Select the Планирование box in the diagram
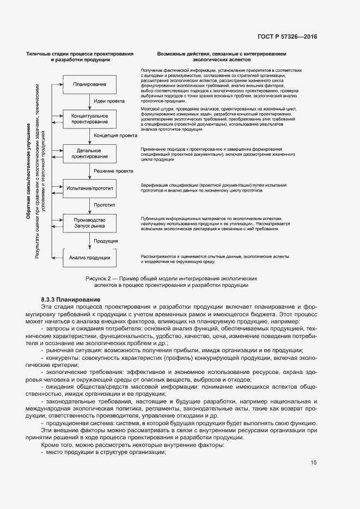point(90,84)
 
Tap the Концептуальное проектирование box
point(90,119)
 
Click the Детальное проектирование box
point(90,153)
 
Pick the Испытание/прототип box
point(90,188)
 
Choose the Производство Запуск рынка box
point(90,223)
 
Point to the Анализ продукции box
point(90,257)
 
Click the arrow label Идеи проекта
point(109,101)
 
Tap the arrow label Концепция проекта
point(115,136)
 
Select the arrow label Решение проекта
point(113,170)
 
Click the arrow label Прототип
point(105,205)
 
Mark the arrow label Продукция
point(106,240)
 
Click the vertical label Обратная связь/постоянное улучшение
point(28,171)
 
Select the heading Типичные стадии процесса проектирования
point(80,54)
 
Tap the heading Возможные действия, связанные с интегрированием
point(222,54)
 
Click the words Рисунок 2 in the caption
point(101,278)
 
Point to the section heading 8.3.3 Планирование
point(70,300)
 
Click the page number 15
point(314,463)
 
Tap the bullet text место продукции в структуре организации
point(106,453)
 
